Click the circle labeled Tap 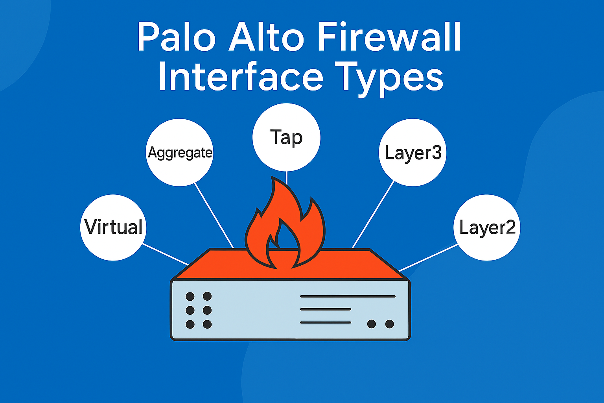click(x=286, y=137)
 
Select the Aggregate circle click(x=180, y=152)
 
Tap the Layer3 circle click(x=412, y=152)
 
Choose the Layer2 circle click(x=487, y=227)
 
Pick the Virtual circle click(x=113, y=227)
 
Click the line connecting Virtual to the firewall click(x=165, y=254)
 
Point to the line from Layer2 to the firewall click(x=429, y=257)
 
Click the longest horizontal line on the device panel click(x=348, y=296)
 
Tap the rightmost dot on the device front click(x=389, y=324)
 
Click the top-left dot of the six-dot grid click(x=190, y=296)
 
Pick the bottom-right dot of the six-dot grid click(x=207, y=324)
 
